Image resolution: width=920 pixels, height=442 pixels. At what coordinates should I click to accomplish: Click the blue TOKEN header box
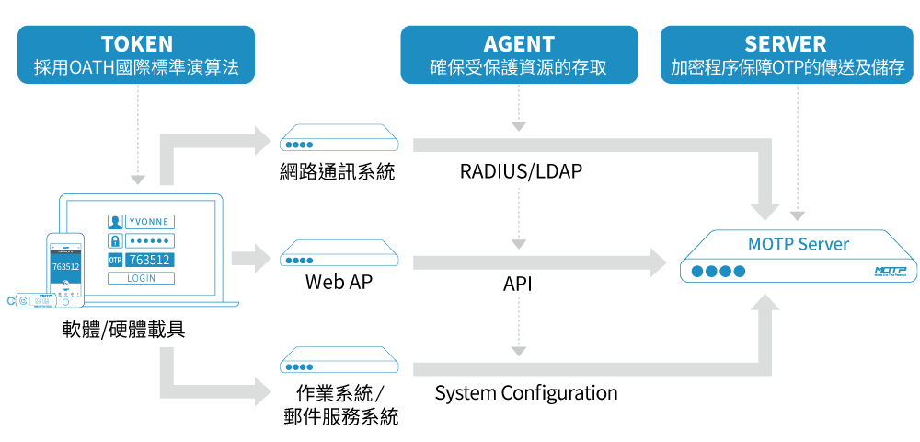coord(136,54)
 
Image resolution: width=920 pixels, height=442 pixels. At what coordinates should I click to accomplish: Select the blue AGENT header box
coord(519,54)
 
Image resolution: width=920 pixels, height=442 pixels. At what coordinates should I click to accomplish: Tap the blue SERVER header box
coord(785,54)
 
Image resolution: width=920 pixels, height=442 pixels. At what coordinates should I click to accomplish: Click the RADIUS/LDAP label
coord(521,172)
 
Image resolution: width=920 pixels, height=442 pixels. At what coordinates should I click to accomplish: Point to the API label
coord(518,284)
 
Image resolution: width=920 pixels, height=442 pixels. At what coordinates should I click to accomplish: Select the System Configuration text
coord(526,393)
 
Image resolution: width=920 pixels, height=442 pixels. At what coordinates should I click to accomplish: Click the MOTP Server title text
coord(799,244)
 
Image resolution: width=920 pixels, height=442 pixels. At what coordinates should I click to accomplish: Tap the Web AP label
coord(339,282)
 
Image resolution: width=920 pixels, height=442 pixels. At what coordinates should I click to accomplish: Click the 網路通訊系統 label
coord(338,171)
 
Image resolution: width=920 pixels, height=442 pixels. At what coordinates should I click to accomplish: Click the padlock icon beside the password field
coord(115,240)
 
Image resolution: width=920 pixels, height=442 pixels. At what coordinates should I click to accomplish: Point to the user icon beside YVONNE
coord(115,222)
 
